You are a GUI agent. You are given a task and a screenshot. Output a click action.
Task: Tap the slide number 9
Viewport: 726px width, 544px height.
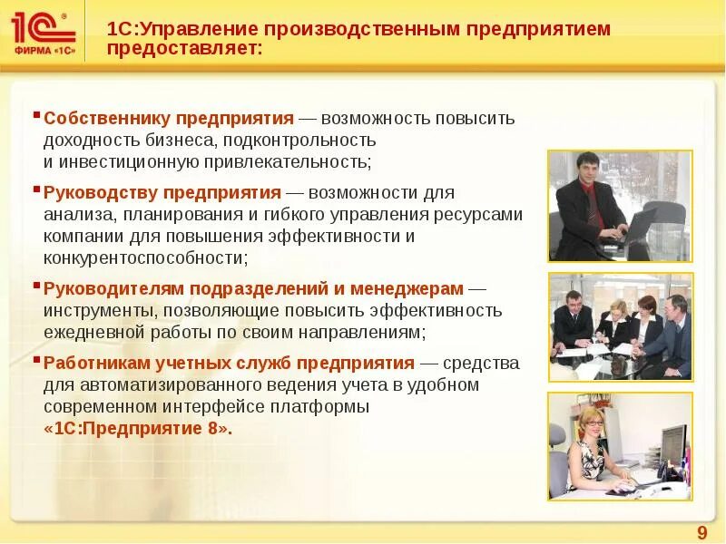tap(701, 531)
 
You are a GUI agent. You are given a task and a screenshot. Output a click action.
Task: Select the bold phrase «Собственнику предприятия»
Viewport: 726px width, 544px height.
tap(169, 119)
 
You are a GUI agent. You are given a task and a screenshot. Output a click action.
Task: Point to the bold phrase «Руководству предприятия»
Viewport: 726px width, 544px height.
tap(162, 193)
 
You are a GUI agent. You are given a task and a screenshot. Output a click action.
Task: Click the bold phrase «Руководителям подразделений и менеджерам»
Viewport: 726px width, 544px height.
tap(254, 289)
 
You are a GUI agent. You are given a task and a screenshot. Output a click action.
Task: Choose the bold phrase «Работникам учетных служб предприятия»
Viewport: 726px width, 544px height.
tap(230, 364)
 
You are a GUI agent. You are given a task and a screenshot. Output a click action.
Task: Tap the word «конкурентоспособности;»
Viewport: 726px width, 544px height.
tap(145, 257)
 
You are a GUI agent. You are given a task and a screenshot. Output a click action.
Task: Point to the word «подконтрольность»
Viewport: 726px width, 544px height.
tap(309, 141)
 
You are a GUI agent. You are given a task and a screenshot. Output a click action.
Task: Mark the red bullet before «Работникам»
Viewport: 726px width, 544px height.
tap(36, 360)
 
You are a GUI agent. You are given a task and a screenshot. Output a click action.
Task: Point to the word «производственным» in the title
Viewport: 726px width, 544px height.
tap(364, 28)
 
